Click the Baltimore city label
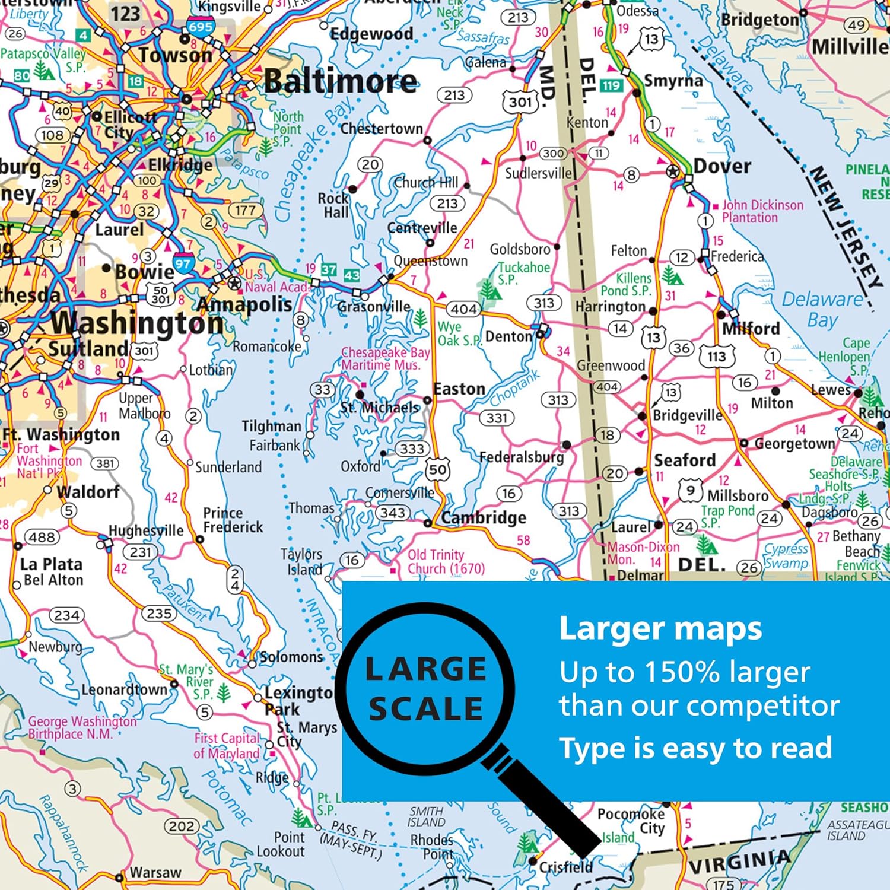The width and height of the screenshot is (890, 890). click(x=340, y=81)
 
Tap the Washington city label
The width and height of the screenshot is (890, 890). click(x=138, y=323)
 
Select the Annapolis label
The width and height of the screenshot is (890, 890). click(x=244, y=305)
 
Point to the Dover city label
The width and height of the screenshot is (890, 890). click(x=721, y=166)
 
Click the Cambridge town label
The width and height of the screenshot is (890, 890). click(x=484, y=518)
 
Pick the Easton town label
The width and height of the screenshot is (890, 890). click(x=459, y=389)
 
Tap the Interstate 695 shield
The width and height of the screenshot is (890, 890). click(x=201, y=27)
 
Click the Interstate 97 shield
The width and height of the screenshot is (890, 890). click(x=183, y=264)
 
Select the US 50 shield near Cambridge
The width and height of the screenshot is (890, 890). click(x=438, y=470)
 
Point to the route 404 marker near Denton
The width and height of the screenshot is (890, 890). click(x=463, y=309)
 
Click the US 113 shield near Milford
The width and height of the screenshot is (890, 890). click(x=716, y=357)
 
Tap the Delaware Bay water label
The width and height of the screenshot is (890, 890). click(x=822, y=309)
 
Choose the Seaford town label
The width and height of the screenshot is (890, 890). click(x=685, y=460)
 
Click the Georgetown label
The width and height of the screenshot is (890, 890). click(x=794, y=443)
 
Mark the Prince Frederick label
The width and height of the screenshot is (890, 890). click(x=233, y=520)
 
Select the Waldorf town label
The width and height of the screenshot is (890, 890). click(x=88, y=492)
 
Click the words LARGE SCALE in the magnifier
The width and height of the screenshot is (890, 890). click(x=426, y=689)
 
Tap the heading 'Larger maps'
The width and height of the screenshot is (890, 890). click(x=660, y=630)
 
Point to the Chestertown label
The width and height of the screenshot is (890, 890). click(x=382, y=129)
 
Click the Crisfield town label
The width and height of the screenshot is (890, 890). click(x=565, y=867)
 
